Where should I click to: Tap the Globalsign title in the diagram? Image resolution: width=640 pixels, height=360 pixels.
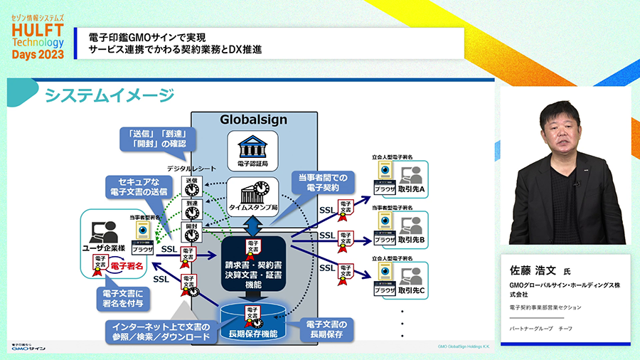[253, 120]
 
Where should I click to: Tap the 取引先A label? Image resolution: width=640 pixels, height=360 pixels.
[412, 190]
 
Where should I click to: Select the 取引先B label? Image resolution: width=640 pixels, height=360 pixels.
[412, 240]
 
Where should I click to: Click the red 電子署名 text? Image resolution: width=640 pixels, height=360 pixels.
[127, 265]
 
